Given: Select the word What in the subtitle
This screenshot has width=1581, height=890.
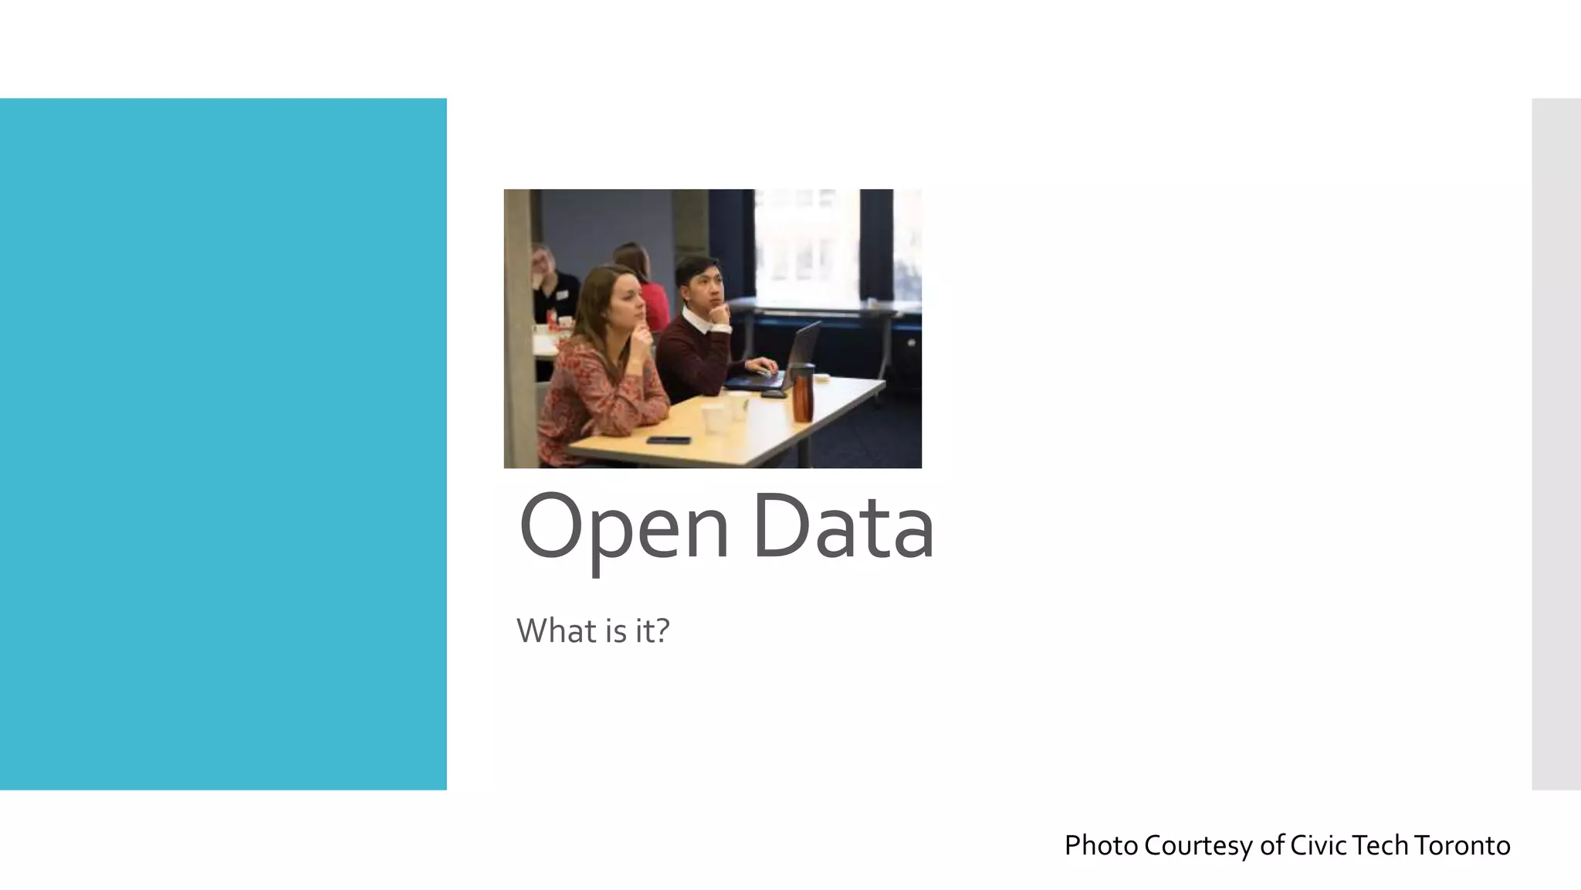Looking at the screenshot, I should (556, 631).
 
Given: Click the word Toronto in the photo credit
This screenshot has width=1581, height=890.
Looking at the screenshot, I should (1462, 845).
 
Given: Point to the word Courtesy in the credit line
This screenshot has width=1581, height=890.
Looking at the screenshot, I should (1198, 845).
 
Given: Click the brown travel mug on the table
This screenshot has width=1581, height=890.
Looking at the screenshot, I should (803, 394).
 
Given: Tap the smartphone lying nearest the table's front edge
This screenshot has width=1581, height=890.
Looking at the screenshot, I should (669, 440).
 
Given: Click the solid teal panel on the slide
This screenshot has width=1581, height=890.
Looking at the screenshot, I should (223, 443).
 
